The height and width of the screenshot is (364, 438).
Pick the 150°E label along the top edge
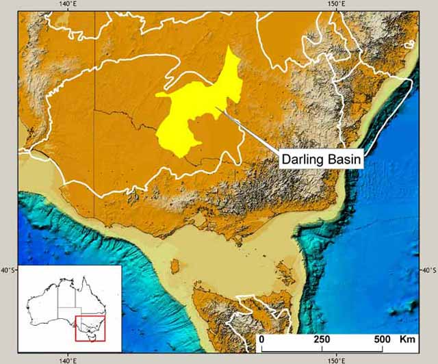[x=335, y=5]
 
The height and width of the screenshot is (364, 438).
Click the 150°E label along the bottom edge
[x=335, y=359]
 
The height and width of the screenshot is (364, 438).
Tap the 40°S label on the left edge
[x=8, y=271]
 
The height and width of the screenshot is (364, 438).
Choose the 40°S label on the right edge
[x=428, y=271]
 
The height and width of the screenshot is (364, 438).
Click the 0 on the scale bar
[x=262, y=340]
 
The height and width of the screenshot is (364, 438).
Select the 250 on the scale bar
[x=322, y=340]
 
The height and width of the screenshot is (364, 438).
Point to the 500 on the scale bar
[x=382, y=340]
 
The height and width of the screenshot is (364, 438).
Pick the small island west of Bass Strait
[x=176, y=264]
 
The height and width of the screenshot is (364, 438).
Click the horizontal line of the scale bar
[x=322, y=349]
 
